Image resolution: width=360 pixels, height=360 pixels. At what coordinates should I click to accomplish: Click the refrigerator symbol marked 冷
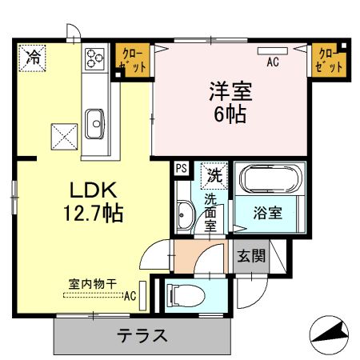click(34, 57)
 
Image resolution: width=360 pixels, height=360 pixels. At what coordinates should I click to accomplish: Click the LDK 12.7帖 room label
click(93, 202)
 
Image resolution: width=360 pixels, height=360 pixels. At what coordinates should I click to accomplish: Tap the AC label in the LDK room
click(130, 295)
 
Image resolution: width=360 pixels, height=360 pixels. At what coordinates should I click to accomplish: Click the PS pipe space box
click(182, 168)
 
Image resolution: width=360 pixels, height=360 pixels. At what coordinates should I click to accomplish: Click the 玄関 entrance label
click(251, 256)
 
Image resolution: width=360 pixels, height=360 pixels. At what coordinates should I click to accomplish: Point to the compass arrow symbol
click(330, 331)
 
